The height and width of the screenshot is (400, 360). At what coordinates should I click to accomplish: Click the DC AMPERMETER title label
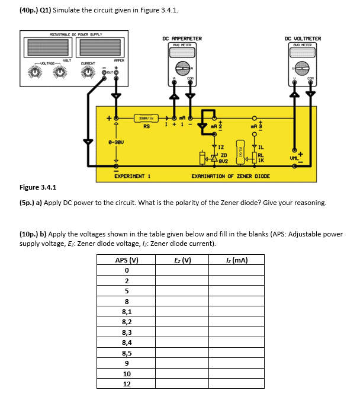pyautogui.click(x=182, y=39)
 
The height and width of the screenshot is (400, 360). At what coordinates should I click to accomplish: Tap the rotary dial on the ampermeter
pyautogui.click(x=182, y=66)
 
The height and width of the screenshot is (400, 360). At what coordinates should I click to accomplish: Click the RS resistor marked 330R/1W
pyautogui.click(x=146, y=118)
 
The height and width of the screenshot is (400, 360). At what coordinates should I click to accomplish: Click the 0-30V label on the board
pyautogui.click(x=116, y=143)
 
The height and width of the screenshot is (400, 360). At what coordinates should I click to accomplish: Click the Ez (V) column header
pyautogui.click(x=182, y=260)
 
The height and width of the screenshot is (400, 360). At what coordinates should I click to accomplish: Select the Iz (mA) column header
pyautogui.click(x=237, y=260)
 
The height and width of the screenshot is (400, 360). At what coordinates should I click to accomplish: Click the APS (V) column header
pyautogui.click(x=126, y=260)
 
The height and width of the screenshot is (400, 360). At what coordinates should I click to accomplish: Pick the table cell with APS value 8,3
pyautogui.click(x=126, y=332)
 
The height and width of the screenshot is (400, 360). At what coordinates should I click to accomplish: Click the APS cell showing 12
pyautogui.click(x=126, y=384)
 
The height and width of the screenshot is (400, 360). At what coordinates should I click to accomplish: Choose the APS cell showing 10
pyautogui.click(x=126, y=373)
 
